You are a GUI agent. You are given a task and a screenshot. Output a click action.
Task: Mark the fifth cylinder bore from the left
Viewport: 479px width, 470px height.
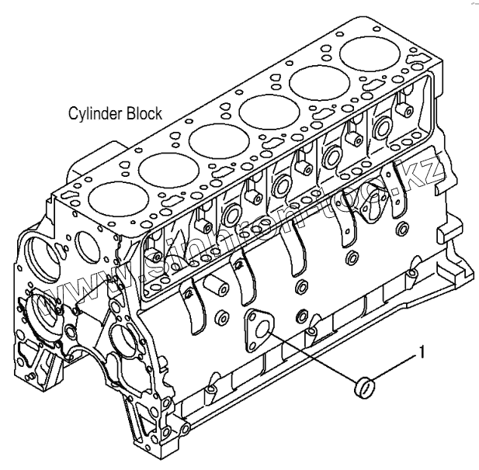[x=318, y=83]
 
